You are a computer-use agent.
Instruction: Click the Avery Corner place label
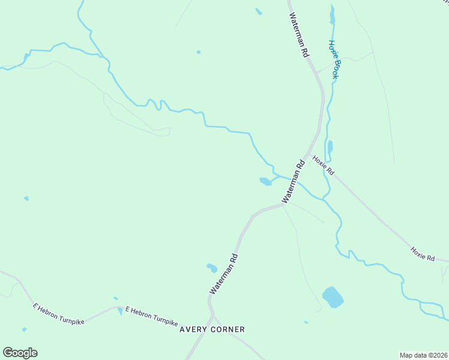point(212,329)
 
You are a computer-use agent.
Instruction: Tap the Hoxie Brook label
point(334,60)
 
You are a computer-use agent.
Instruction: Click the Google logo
point(20,353)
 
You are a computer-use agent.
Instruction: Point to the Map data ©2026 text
point(423,355)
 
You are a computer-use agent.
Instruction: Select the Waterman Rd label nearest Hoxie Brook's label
point(298,35)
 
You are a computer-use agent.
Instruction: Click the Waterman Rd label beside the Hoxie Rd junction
point(294,181)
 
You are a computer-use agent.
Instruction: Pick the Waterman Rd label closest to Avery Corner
point(224,274)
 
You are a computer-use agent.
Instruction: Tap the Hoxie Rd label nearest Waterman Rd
point(323,166)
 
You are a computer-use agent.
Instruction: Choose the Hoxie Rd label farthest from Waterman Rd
point(422,253)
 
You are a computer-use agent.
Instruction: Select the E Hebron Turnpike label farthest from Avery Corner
point(59,314)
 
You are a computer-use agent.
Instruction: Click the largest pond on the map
point(333,297)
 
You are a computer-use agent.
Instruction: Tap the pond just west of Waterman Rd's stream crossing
point(265,181)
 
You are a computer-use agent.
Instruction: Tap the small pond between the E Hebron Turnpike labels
point(121,310)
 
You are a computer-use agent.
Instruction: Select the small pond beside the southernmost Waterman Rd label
point(211,268)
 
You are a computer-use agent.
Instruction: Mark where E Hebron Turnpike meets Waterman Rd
point(211,316)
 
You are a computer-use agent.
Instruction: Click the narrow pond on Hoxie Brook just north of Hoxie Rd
point(330,146)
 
